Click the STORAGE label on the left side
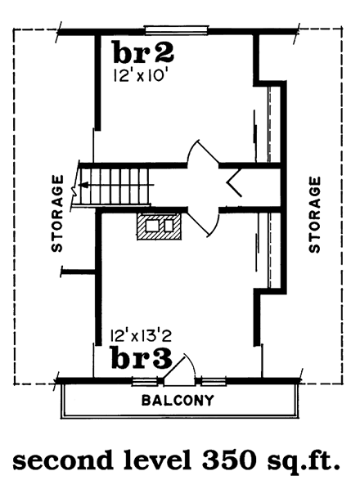coord(57,213)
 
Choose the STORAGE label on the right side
coord(314,215)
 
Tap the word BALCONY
coord(178,401)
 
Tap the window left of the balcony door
coord(144,381)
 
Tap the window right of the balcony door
coord(214,381)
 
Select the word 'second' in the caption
coord(58,464)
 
